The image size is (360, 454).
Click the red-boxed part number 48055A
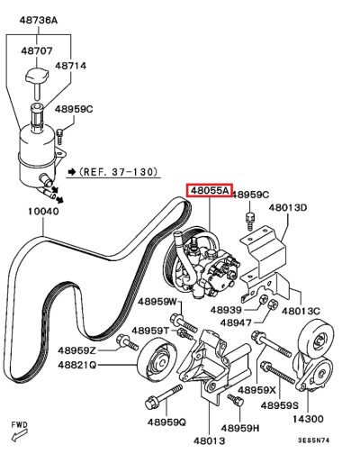point(209,190)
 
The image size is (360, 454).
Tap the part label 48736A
point(39,21)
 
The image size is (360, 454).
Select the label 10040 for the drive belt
point(43,212)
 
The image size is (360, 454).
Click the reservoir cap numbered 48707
point(36,76)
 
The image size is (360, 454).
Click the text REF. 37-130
point(119,172)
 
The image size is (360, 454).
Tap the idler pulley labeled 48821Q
point(157,359)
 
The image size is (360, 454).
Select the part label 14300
point(308,419)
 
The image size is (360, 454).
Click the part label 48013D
point(288,207)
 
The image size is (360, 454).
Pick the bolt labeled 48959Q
point(164,396)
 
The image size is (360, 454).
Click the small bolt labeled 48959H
point(235,400)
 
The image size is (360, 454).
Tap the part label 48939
point(226,310)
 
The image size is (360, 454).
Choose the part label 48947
point(236,322)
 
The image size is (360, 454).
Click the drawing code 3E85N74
point(313,440)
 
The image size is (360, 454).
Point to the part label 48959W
point(157,302)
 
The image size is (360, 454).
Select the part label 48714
point(71,66)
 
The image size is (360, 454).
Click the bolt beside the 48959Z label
point(127,341)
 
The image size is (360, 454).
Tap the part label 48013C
point(301,311)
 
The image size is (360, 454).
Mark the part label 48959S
point(280,405)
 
